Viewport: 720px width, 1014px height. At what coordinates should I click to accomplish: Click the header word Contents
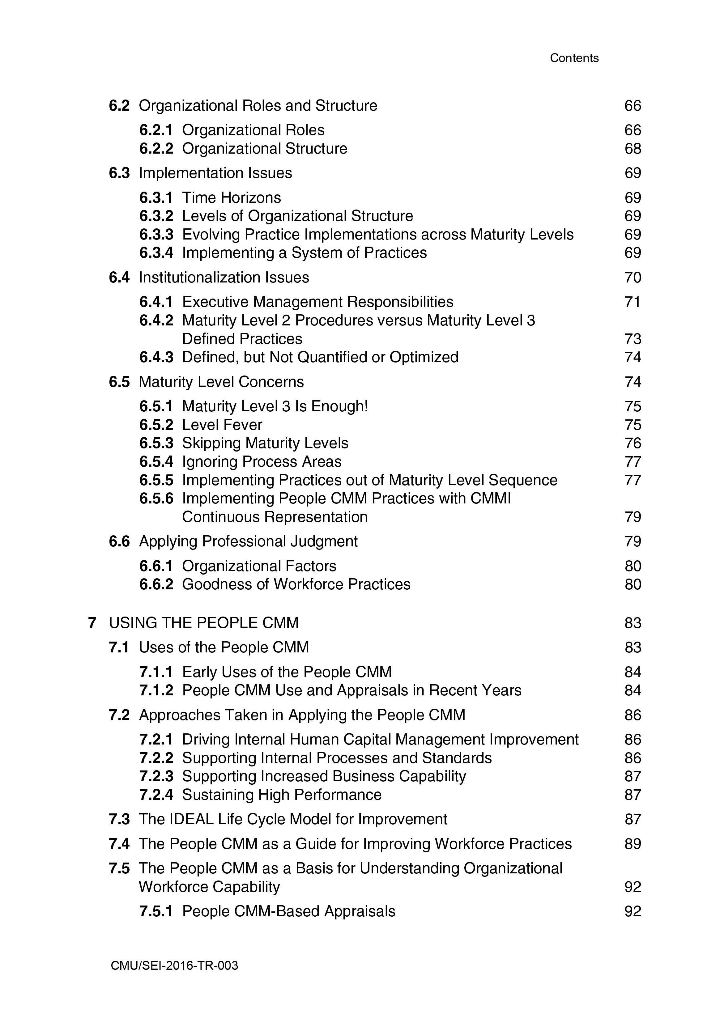(574, 58)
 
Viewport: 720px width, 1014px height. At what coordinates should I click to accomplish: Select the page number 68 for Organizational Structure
(633, 148)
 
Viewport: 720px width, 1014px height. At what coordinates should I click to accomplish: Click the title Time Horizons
(232, 198)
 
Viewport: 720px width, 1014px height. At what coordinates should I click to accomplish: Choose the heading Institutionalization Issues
(224, 278)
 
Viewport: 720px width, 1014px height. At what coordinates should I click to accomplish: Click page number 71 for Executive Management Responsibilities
(633, 302)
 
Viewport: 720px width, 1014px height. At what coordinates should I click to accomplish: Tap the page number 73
(633, 339)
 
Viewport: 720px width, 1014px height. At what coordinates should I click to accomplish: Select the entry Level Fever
(222, 425)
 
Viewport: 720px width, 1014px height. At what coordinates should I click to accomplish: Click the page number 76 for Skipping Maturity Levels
(633, 443)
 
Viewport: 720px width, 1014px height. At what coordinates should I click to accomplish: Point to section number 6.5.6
(156, 499)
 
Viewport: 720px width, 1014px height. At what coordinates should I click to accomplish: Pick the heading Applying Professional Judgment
(248, 541)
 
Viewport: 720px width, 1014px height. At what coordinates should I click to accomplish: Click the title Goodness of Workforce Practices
(296, 584)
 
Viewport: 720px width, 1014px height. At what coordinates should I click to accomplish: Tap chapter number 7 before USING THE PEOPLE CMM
(92, 623)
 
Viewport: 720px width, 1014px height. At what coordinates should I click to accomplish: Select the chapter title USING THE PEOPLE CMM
(204, 623)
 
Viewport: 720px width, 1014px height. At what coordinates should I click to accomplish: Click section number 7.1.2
(156, 690)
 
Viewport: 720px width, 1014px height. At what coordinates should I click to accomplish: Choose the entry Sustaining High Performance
(282, 795)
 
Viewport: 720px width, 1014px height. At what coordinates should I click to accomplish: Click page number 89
(633, 844)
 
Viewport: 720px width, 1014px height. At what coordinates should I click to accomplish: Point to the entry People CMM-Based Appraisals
(289, 912)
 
